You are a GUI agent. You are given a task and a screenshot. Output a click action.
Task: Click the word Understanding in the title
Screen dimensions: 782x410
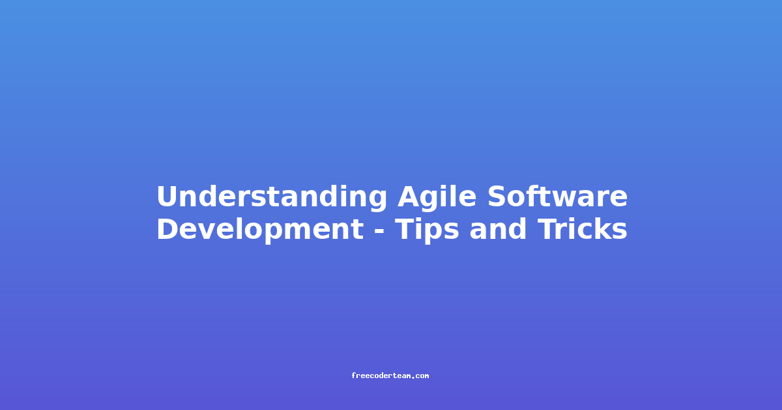point(272,197)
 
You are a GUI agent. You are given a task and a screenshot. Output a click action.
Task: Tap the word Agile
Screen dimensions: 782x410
point(437,197)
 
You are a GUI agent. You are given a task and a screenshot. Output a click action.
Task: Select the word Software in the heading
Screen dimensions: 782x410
point(558,197)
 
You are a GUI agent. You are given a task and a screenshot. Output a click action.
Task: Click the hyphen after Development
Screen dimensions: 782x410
point(379,231)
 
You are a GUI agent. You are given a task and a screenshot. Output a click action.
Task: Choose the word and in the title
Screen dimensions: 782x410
point(498,228)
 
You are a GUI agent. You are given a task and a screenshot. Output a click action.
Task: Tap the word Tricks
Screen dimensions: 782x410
point(583,228)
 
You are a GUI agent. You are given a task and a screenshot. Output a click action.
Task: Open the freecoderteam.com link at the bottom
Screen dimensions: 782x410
point(390,376)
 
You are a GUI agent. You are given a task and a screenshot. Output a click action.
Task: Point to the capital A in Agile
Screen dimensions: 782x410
point(410,197)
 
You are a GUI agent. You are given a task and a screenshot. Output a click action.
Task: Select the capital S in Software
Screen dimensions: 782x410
point(498,197)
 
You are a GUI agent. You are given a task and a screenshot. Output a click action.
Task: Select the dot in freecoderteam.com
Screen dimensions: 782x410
point(414,377)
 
